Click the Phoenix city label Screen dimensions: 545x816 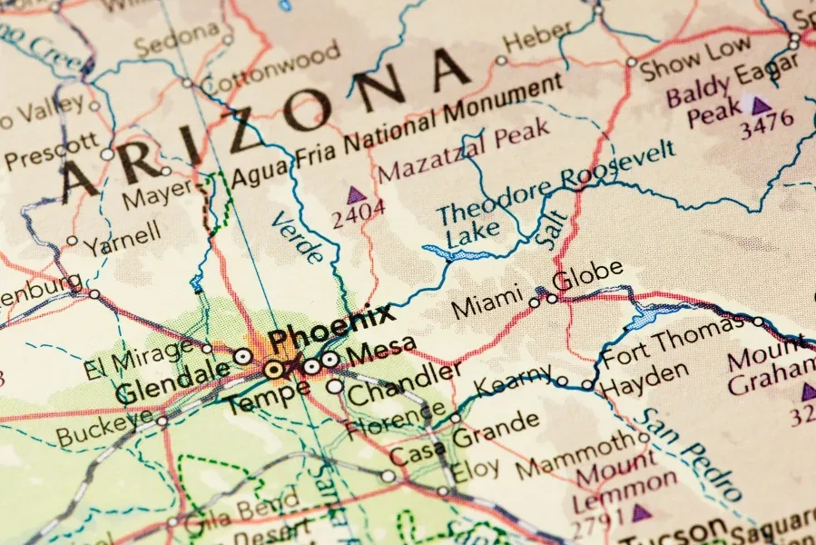pyautogui.click(x=332, y=329)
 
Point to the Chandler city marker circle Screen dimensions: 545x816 pyautogui.click(x=335, y=386)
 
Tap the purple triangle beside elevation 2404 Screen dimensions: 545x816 pyautogui.click(x=356, y=194)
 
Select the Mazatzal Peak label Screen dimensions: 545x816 pyautogui.click(x=464, y=154)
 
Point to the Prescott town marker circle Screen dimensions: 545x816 pyautogui.click(x=107, y=154)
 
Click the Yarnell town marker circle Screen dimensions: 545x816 pyautogui.click(x=73, y=242)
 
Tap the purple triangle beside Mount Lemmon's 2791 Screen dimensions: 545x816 pyautogui.click(x=642, y=512)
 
